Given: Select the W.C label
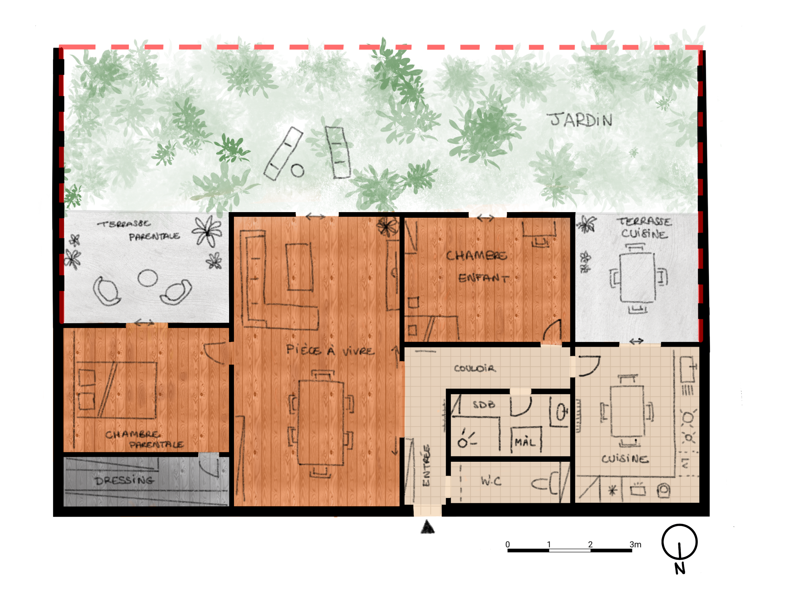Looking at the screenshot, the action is (491, 481).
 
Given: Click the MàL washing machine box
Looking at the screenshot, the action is (526, 439).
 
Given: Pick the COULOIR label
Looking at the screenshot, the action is (475, 368).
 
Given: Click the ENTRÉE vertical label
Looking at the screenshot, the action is (426, 465).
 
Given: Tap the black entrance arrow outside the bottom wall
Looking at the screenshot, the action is (428, 527).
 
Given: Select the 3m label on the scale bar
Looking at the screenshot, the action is (635, 544).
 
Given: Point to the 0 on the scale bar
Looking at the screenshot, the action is (508, 544).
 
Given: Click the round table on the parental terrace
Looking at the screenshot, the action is (148, 278).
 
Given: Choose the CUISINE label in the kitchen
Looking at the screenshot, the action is (625, 459).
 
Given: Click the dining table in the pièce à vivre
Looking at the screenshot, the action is (321, 423).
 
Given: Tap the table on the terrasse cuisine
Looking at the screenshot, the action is (638, 277).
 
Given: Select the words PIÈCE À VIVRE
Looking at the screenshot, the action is (330, 350).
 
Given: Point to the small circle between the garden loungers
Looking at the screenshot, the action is (298, 171).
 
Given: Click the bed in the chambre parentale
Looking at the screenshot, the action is (117, 390).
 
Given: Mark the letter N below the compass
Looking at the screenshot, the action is (680, 569).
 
